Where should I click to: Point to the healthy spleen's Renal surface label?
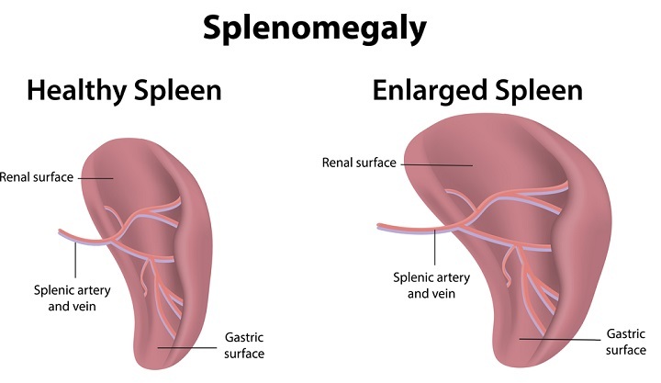click(x=37, y=176)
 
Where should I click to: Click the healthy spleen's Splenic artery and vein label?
click(x=56, y=298)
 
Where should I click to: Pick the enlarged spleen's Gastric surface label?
click(x=627, y=342)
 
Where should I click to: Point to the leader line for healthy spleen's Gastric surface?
click(x=188, y=347)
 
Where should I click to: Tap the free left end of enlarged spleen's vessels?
click(x=378, y=225)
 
